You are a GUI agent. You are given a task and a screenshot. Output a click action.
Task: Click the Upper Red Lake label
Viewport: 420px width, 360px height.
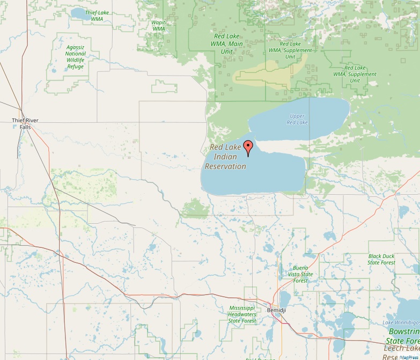(x=297, y=119)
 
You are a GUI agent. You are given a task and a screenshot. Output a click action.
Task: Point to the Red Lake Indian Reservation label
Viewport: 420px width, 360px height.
(x=226, y=157)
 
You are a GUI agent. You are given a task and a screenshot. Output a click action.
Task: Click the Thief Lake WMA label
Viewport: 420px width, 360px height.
(x=97, y=16)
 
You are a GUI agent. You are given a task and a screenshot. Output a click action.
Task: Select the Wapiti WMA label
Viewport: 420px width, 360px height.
(x=159, y=25)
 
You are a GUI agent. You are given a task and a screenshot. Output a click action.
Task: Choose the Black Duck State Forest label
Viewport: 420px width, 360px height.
(x=381, y=260)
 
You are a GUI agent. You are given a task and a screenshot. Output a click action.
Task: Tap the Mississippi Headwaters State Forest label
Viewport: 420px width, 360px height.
(x=242, y=314)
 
